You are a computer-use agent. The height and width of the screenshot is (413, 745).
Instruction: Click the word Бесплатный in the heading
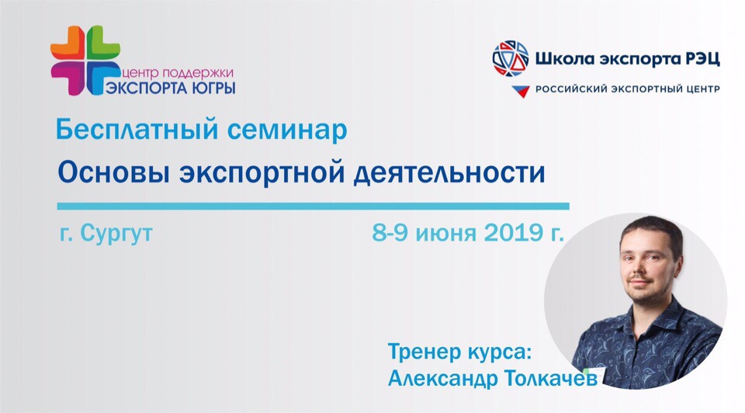coord(137,130)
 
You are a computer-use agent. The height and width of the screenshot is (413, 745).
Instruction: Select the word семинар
coord(287,130)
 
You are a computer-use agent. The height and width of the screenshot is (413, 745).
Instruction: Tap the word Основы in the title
coord(113,173)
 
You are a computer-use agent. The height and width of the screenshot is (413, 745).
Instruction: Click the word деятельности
coord(449,173)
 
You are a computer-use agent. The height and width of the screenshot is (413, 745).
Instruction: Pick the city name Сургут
coord(116,234)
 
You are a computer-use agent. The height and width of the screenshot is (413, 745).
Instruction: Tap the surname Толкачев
coord(550,378)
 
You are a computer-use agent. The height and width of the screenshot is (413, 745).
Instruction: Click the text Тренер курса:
coord(459,352)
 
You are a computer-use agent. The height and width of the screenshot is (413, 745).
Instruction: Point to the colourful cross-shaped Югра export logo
coord(85,61)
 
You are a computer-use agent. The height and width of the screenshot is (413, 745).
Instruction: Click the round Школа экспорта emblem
coord(511,58)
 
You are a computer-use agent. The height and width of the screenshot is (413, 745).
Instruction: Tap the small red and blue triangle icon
coord(521,91)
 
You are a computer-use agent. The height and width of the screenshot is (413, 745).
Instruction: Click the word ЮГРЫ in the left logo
coord(214,88)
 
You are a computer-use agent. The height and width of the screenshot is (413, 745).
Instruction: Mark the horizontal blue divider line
coord(313,206)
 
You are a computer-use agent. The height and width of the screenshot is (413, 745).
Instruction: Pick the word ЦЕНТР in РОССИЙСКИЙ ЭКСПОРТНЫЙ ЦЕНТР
coord(702,89)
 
